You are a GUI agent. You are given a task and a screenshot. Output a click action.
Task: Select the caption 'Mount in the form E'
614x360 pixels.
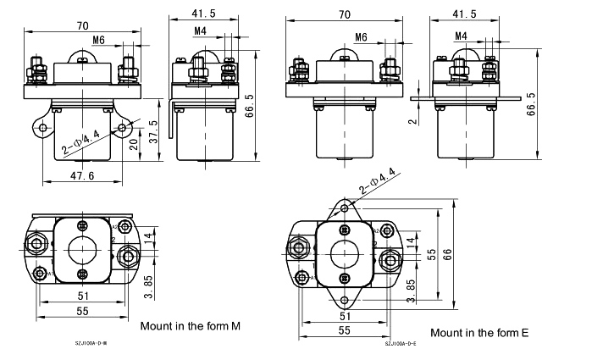click(x=479, y=333)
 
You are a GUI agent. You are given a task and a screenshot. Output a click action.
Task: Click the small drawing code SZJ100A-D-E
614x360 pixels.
click(x=401, y=344)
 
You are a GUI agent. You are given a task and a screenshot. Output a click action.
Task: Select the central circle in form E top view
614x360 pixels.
click(x=344, y=253)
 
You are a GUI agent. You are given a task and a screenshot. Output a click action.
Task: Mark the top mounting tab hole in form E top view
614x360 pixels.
click(x=344, y=208)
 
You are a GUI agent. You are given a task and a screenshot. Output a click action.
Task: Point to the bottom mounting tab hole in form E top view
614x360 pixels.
click(x=344, y=299)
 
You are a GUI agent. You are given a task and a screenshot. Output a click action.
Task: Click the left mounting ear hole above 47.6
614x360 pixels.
click(x=42, y=129)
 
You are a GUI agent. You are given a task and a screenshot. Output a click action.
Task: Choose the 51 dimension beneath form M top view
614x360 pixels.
click(x=82, y=296)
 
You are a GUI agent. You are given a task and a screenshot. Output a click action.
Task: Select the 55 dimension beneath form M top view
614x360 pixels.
click(x=82, y=313)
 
